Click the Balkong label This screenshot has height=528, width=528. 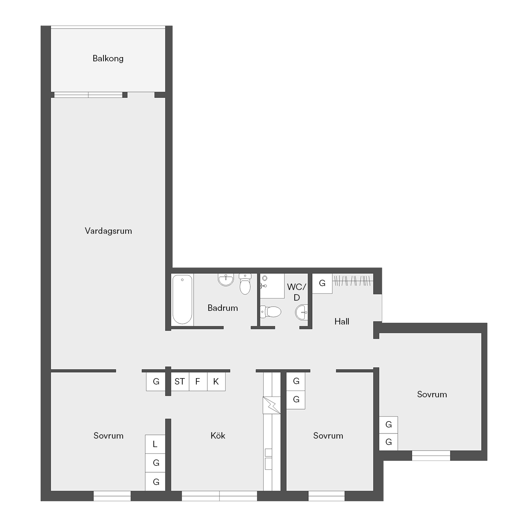click(108, 59)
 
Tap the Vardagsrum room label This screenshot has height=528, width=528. click(108, 231)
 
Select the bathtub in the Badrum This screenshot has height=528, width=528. click(182, 299)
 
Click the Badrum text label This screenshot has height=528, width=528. click(223, 308)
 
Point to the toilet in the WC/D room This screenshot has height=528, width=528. click(271, 312)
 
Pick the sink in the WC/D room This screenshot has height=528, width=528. click(301, 312)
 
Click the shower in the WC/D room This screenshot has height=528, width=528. click(272, 286)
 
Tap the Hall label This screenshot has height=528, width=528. click(341, 321)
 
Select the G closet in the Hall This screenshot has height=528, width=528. click(322, 283)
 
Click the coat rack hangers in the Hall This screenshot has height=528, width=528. click(353, 280)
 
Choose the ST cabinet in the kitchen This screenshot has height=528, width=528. click(180, 382)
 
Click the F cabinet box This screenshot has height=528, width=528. click(198, 382)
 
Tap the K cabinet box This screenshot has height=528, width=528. click(216, 382)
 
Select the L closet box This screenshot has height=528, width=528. click(155, 444)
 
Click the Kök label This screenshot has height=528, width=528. click(218, 436)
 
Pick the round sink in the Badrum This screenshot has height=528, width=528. click(226, 279)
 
